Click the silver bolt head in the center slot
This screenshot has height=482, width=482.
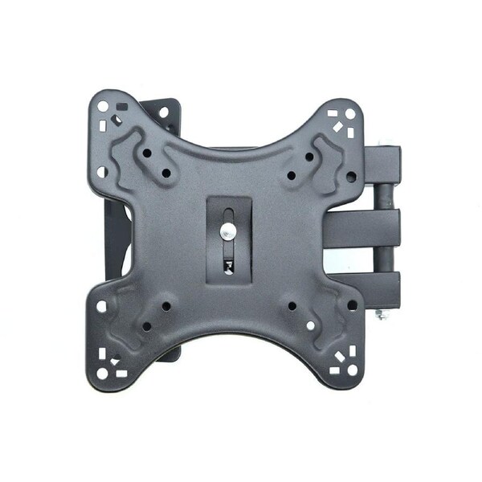pos(228,232)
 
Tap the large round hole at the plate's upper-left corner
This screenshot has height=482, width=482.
pos(103,105)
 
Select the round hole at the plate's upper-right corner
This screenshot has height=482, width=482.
pos(350,113)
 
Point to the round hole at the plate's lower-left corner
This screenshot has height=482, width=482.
pos(102,372)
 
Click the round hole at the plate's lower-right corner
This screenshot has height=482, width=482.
pos(351,370)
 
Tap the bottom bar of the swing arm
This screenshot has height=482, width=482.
pos(378,285)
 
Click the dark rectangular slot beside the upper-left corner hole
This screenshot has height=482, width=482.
pos(122,105)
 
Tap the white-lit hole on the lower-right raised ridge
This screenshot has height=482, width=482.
pos(311,325)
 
